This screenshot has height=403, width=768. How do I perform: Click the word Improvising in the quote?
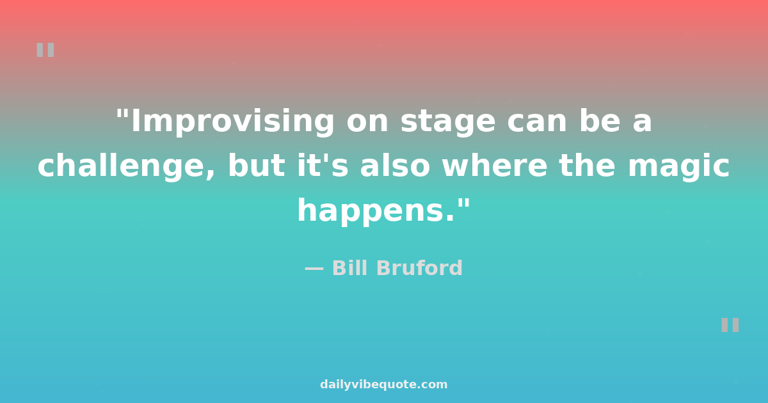pyautogui.click(x=233, y=122)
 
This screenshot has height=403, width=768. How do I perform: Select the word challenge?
pyautogui.click(x=126, y=166)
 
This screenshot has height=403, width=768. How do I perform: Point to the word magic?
pyautogui.click(x=678, y=166)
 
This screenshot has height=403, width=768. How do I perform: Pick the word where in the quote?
pyautogui.click(x=494, y=166)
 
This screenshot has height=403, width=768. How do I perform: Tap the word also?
pyautogui.click(x=395, y=166)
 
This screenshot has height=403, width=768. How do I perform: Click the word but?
pyautogui.click(x=257, y=166)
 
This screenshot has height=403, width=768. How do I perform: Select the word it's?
pyautogui.click(x=323, y=166)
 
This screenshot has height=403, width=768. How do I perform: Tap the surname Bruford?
pyautogui.click(x=420, y=268)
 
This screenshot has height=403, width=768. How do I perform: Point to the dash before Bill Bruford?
pyautogui.click(x=314, y=269)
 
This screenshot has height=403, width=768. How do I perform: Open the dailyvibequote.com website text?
pyautogui.click(x=383, y=384)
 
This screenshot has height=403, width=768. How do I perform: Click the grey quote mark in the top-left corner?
pyautogui.click(x=45, y=50)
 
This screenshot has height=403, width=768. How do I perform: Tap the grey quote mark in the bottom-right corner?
pyautogui.click(x=730, y=325)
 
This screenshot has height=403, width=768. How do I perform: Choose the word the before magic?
pyautogui.click(x=587, y=166)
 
